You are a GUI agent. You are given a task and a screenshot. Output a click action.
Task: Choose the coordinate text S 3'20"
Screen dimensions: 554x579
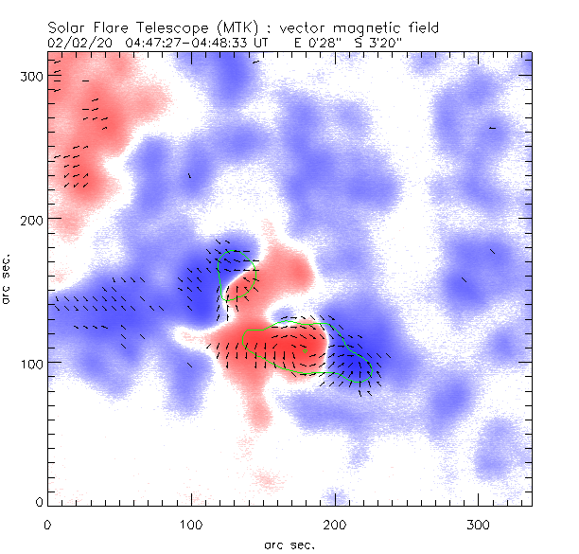pos(383,43)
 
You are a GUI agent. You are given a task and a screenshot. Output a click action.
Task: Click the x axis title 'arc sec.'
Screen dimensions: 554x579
pos(288,545)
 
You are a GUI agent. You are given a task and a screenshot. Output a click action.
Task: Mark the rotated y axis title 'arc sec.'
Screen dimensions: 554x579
pos(9,279)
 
